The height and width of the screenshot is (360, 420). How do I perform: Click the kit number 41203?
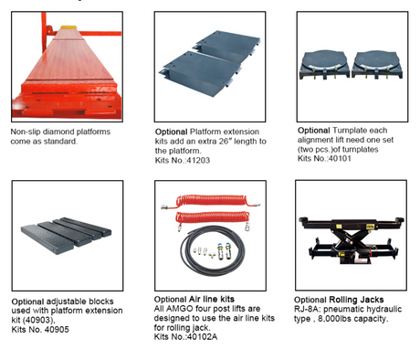point(198,160)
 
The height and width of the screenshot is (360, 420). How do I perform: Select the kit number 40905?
point(57,329)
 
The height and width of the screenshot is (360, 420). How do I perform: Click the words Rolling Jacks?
point(356,300)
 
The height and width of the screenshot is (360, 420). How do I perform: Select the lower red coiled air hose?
point(213,218)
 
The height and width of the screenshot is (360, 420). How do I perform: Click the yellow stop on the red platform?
point(69,27)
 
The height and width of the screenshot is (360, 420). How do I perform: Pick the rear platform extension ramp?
point(228,45)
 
